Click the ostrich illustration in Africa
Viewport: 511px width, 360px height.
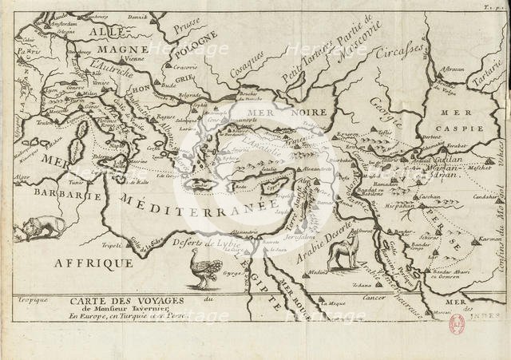pos(202,266)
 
